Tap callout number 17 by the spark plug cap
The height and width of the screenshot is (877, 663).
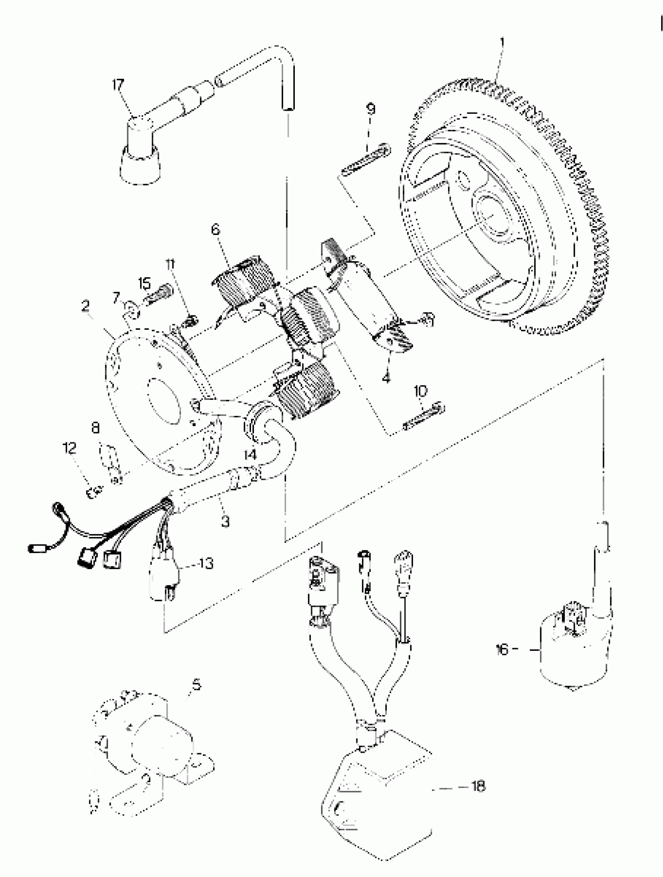pyautogui.click(x=118, y=85)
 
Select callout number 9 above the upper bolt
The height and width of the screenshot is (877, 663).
pyautogui.click(x=370, y=108)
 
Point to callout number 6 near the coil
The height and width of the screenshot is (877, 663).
pyautogui.click(x=215, y=229)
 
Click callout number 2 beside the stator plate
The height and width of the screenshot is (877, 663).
pyautogui.click(x=85, y=306)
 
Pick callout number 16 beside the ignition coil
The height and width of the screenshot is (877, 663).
pyautogui.click(x=502, y=649)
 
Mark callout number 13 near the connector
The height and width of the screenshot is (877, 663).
pyautogui.click(x=206, y=563)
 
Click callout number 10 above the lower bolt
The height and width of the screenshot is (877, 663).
pyautogui.click(x=420, y=391)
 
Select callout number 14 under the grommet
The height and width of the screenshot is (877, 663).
pyautogui.click(x=250, y=455)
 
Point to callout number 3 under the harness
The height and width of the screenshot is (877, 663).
pyautogui.click(x=225, y=522)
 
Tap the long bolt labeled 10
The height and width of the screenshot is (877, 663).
pyautogui.click(x=424, y=416)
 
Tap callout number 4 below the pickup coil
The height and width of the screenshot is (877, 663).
pyautogui.click(x=386, y=378)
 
